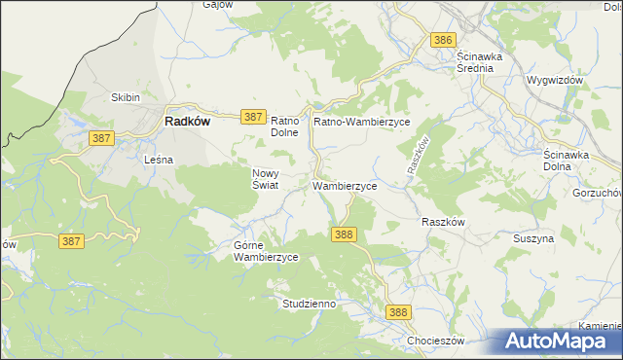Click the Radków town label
point(183,122)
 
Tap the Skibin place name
point(126,97)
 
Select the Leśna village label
point(158,159)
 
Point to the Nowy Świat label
point(266,177)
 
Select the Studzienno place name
point(309,304)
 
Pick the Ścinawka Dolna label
point(569,161)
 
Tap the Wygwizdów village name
point(553,80)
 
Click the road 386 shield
point(443,39)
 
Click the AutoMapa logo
point(558,342)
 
